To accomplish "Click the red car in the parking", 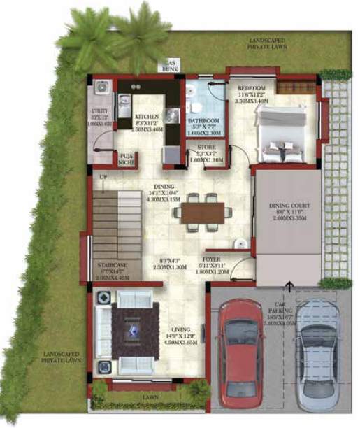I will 240,353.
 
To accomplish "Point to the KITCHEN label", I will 147,116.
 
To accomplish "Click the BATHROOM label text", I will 204,121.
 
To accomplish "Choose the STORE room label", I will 206,146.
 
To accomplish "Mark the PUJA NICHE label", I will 127,159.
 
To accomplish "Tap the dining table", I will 202,213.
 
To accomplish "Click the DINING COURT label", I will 289,206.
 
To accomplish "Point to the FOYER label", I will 212,259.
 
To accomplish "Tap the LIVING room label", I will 184,328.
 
